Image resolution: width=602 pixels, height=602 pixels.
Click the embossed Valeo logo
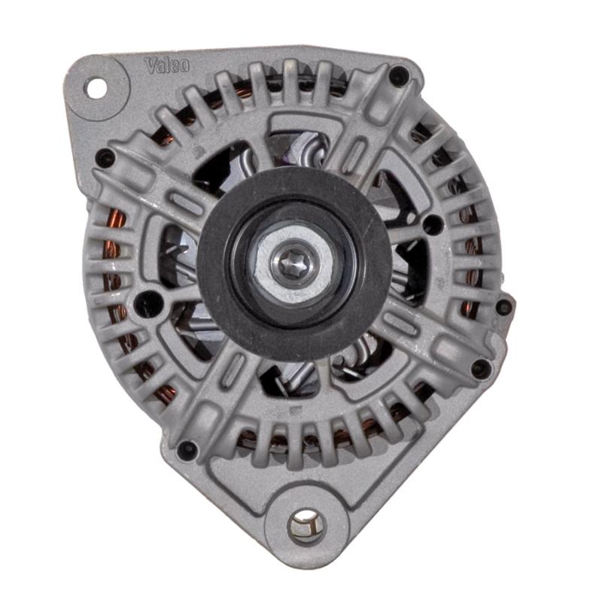click(166, 65)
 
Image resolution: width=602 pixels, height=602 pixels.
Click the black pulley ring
click(294, 265)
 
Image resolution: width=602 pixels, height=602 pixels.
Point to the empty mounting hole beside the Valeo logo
click(96, 88)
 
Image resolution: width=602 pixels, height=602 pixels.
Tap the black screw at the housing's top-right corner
click(399, 75)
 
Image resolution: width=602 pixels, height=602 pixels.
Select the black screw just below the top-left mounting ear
click(105, 158)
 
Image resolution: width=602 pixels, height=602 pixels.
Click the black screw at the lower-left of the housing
click(187, 449)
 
